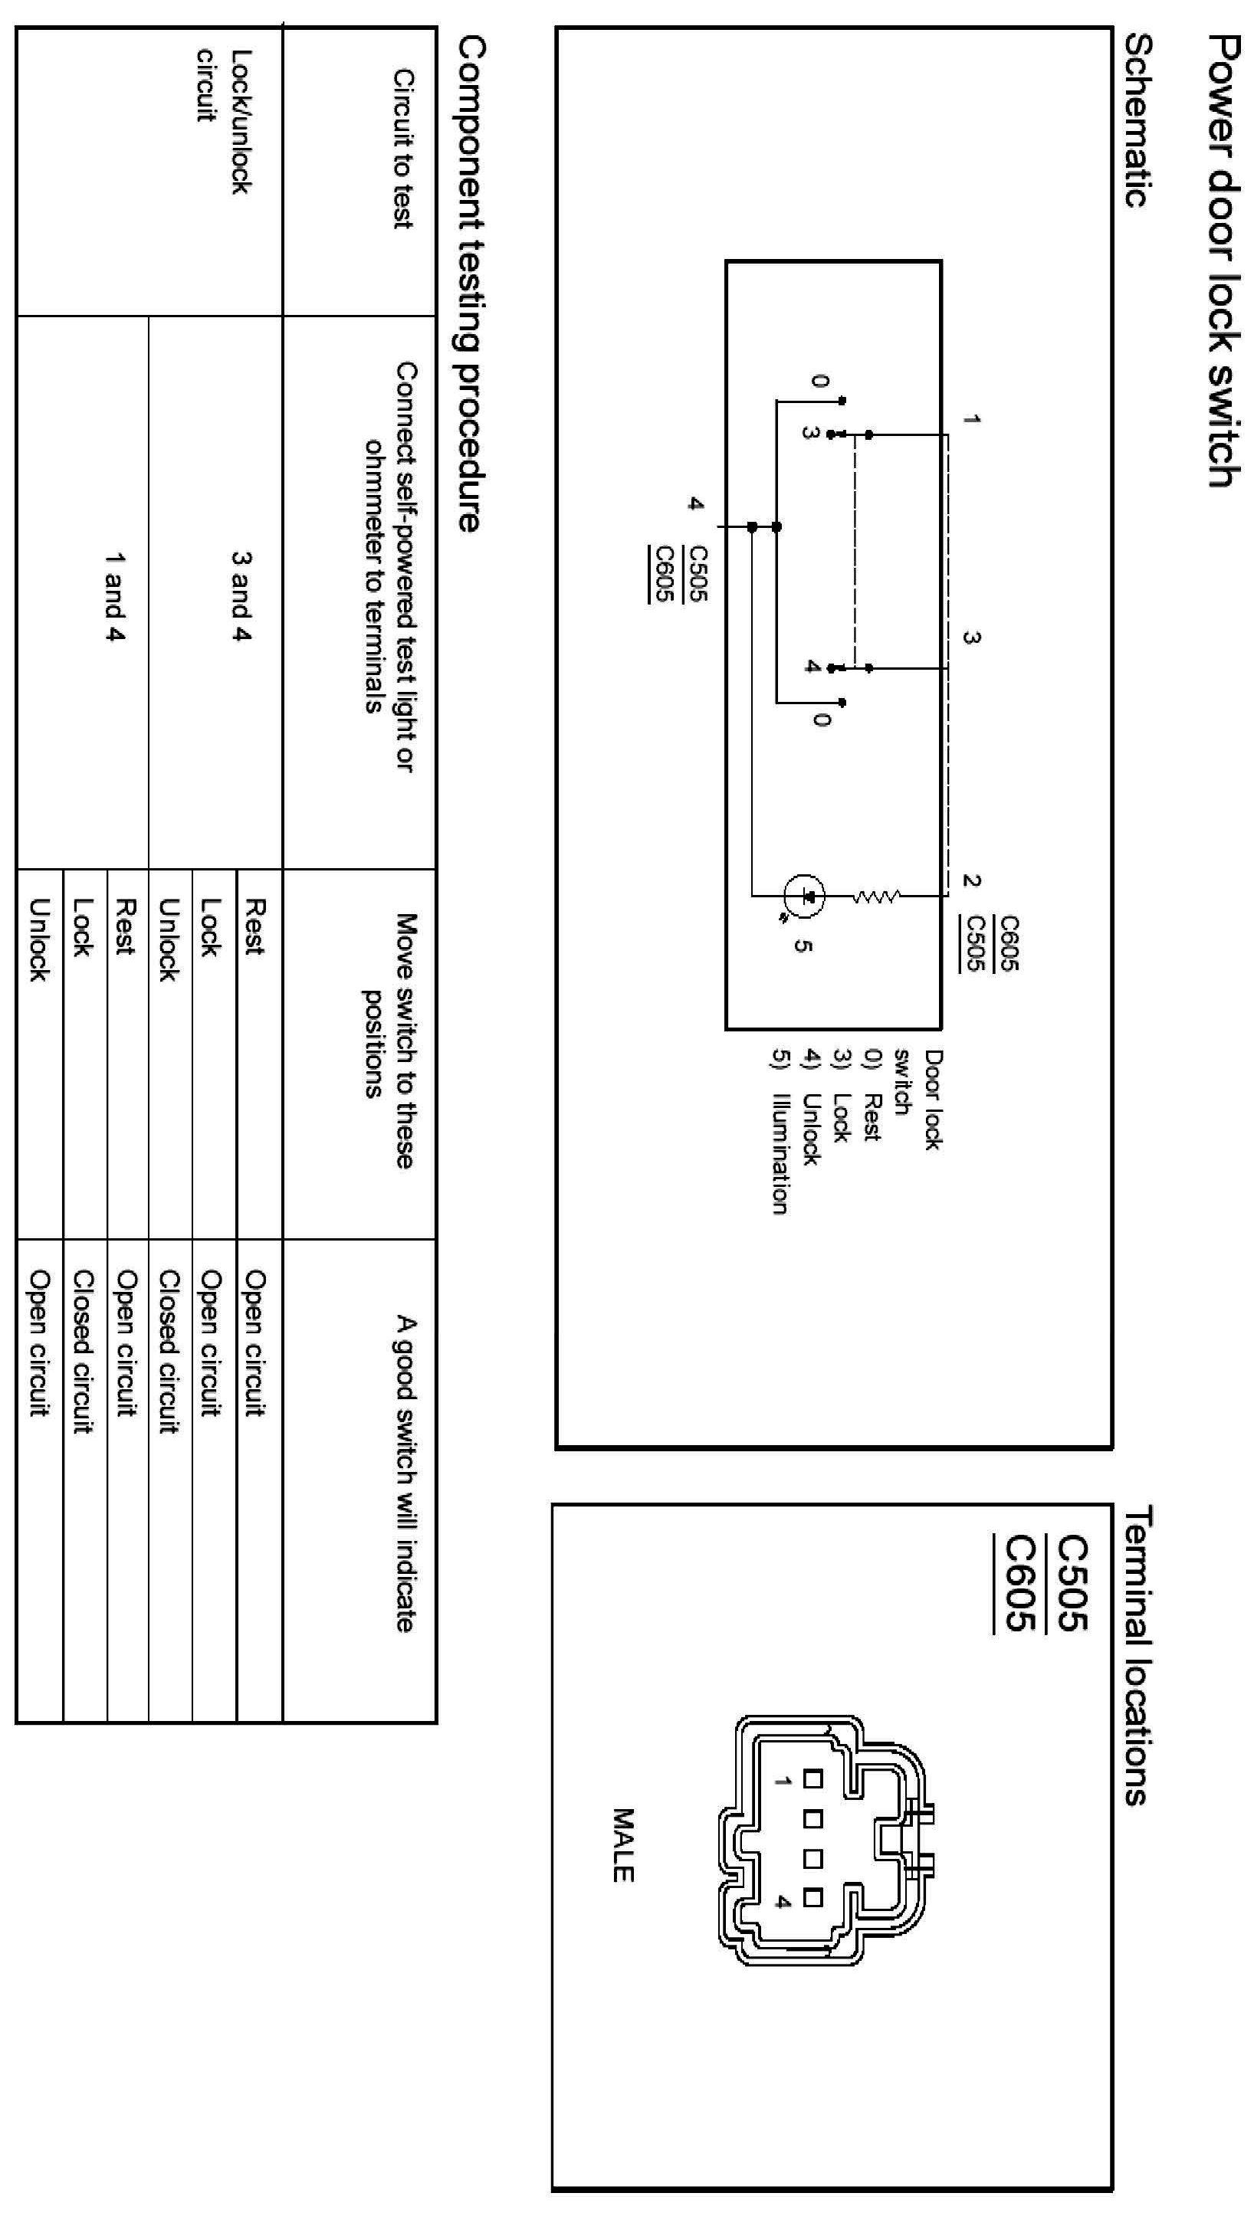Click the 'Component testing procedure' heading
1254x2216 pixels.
469,284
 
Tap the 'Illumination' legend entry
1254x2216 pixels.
780,1154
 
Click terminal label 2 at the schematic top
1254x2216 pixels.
971,880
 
